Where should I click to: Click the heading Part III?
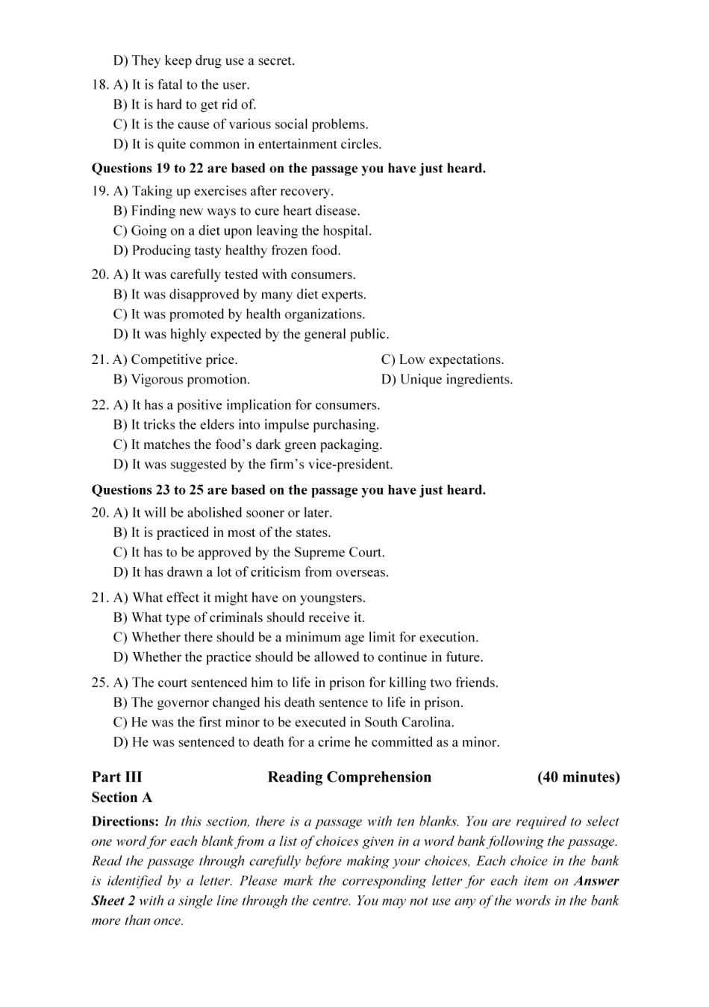(x=116, y=777)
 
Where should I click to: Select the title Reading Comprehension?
(x=349, y=777)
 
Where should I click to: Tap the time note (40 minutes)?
(x=578, y=777)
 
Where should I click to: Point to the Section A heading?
(x=122, y=797)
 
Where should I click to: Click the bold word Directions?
(x=125, y=821)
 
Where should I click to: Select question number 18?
(x=100, y=85)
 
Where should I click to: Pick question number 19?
(x=100, y=191)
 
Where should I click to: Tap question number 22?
(x=100, y=405)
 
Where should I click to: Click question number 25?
(x=100, y=683)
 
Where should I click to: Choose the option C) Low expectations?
(x=443, y=360)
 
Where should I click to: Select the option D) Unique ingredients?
(x=447, y=380)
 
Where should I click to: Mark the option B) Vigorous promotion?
(x=181, y=380)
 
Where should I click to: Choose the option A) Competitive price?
(x=175, y=360)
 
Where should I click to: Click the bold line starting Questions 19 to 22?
(x=288, y=169)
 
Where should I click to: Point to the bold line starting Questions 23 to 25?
(x=288, y=490)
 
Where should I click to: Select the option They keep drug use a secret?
(x=204, y=61)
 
